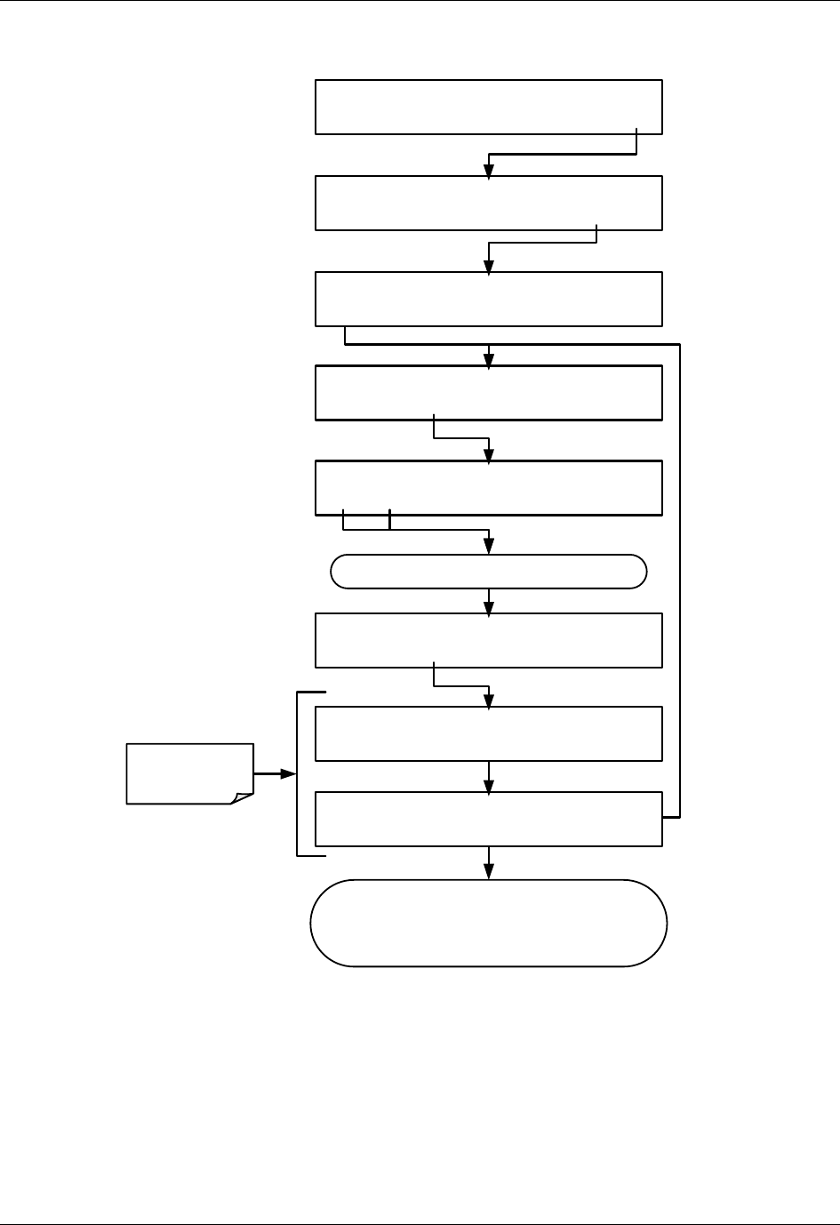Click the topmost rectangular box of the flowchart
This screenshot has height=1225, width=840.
tap(488, 107)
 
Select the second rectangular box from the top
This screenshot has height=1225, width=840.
tap(488, 203)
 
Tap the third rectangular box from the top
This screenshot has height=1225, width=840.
tap(488, 299)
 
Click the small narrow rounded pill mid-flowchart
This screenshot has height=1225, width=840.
tap(488, 572)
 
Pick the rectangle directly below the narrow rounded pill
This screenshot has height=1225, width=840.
tap(488, 640)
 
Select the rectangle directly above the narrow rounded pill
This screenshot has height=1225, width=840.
tap(488, 487)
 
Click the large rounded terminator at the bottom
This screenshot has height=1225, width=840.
tap(488, 923)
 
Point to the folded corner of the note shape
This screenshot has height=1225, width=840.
tap(242, 797)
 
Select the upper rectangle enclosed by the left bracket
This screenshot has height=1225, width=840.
tap(488, 733)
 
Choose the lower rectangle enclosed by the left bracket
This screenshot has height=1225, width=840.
tap(488, 819)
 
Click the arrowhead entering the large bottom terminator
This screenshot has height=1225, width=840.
tap(488, 872)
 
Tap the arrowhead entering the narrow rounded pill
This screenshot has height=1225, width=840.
tap(488, 547)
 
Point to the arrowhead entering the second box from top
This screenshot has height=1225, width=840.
tap(488, 170)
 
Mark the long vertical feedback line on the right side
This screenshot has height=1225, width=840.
tap(680, 578)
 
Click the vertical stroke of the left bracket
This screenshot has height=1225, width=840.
tap(297, 773)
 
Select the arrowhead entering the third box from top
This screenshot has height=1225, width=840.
tap(488, 266)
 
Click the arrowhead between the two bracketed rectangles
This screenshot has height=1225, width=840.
tap(488, 785)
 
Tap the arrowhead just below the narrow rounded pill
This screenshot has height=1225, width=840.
tap(488, 606)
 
